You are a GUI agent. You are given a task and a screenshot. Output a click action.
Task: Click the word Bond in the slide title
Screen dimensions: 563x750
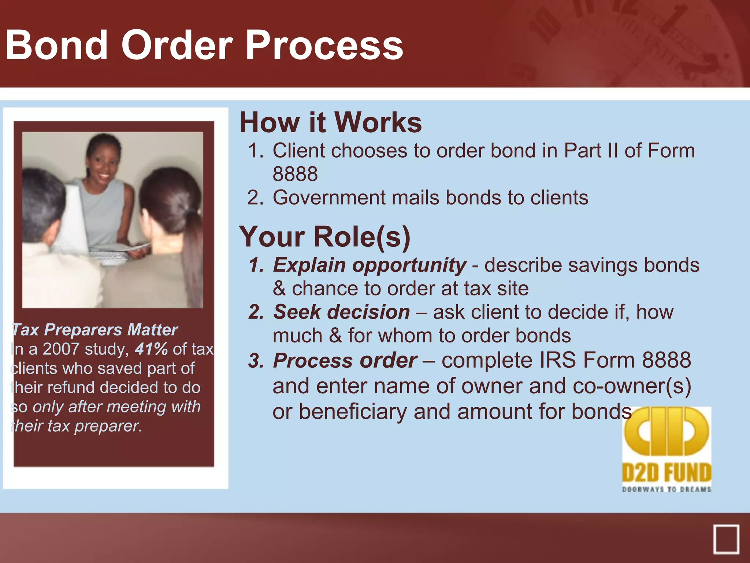click(x=57, y=45)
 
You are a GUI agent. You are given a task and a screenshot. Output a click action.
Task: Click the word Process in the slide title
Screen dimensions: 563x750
click(x=324, y=45)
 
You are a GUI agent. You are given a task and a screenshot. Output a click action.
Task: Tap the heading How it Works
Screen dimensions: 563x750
click(x=330, y=122)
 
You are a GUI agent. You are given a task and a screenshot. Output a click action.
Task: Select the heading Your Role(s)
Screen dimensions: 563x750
click(x=324, y=237)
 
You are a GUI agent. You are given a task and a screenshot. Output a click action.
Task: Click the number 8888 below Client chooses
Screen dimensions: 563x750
click(x=295, y=174)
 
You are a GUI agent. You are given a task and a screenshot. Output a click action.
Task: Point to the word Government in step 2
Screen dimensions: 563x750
click(x=328, y=198)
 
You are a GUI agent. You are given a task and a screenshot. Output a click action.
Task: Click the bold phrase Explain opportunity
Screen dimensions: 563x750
click(x=370, y=265)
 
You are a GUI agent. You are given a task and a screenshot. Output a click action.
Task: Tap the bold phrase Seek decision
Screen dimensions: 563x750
click(x=341, y=312)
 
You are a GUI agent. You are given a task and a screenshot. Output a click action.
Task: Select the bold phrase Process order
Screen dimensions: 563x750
click(x=345, y=360)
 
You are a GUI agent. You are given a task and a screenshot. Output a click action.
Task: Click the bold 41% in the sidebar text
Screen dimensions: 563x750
click(x=151, y=349)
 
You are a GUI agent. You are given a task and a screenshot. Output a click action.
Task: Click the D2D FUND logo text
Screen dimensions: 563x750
click(x=667, y=473)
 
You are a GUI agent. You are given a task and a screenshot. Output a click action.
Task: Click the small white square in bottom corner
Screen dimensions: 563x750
click(x=726, y=539)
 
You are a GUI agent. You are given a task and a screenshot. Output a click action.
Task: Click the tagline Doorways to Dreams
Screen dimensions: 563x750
click(x=667, y=489)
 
